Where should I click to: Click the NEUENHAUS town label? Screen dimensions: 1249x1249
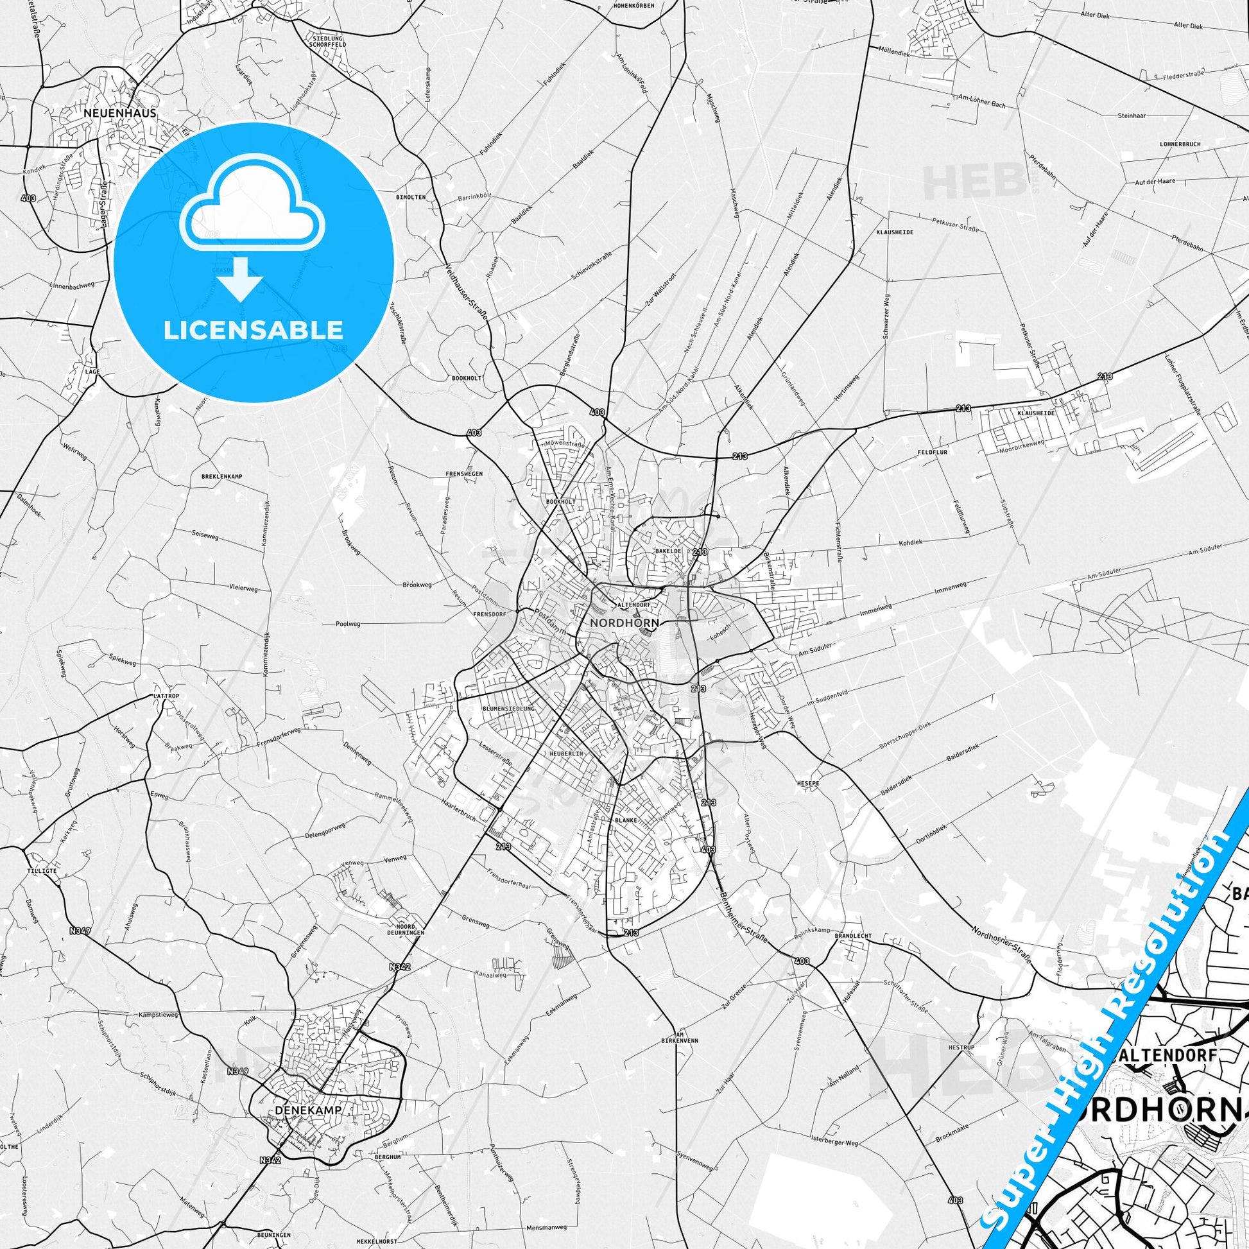click(x=119, y=112)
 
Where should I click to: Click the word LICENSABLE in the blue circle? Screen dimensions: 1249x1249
click(x=254, y=330)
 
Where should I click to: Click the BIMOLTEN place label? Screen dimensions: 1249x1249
click(x=411, y=196)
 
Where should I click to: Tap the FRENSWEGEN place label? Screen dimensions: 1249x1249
click(x=465, y=474)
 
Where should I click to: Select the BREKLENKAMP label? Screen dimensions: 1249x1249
click(x=221, y=476)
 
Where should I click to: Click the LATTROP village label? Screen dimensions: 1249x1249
click(x=166, y=696)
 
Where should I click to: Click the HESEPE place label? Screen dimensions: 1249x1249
click(x=808, y=783)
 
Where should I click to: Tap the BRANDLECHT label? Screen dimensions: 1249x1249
click(x=854, y=935)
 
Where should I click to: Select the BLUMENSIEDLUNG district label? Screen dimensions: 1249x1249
click(x=509, y=709)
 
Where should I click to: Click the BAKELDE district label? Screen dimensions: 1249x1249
click(x=669, y=551)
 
